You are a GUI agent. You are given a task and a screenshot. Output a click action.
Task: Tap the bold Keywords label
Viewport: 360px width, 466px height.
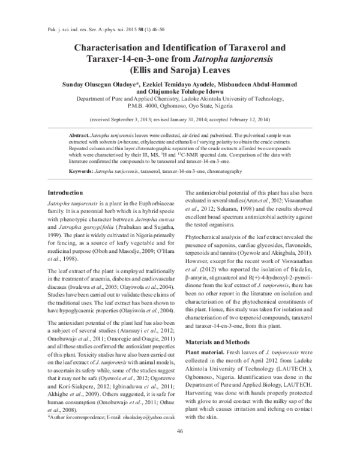click(80, 172)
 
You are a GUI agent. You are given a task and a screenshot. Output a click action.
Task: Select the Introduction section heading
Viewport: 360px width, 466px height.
click(67, 192)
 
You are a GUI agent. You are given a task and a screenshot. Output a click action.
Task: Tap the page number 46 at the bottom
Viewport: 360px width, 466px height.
click(180, 448)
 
